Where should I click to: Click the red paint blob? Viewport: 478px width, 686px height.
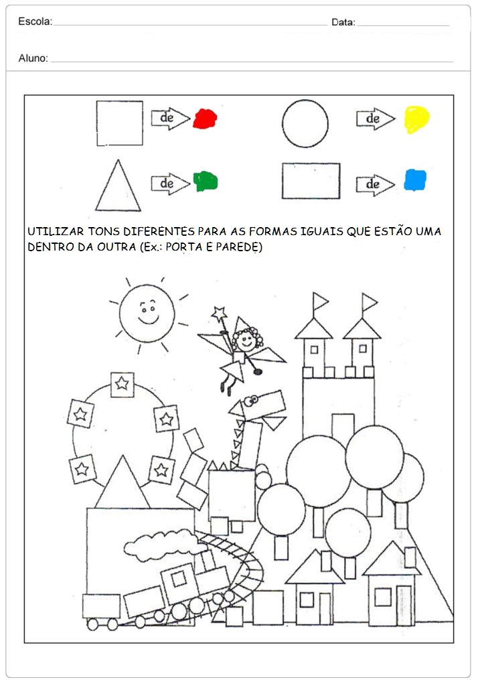pyautogui.click(x=204, y=119)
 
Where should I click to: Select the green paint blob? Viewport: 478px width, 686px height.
pyautogui.click(x=206, y=181)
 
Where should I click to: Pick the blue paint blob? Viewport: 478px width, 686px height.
pyautogui.click(x=415, y=180)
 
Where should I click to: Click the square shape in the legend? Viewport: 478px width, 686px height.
pyautogui.click(x=119, y=123)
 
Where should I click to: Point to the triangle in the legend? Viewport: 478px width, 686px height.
pyautogui.click(x=118, y=188)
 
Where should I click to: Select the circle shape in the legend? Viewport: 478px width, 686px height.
pyautogui.click(x=305, y=123)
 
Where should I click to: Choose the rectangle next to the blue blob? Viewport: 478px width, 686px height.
pyautogui.click(x=311, y=181)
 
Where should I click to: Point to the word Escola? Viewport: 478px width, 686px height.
pyautogui.click(x=35, y=21)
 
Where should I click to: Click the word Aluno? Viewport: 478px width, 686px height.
pyautogui.click(x=33, y=58)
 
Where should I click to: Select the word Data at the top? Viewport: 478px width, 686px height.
pyautogui.click(x=343, y=22)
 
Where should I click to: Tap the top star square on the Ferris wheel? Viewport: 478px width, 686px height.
pyautogui.click(x=122, y=385)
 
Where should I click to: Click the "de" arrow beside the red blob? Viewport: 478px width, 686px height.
pyautogui.click(x=170, y=119)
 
